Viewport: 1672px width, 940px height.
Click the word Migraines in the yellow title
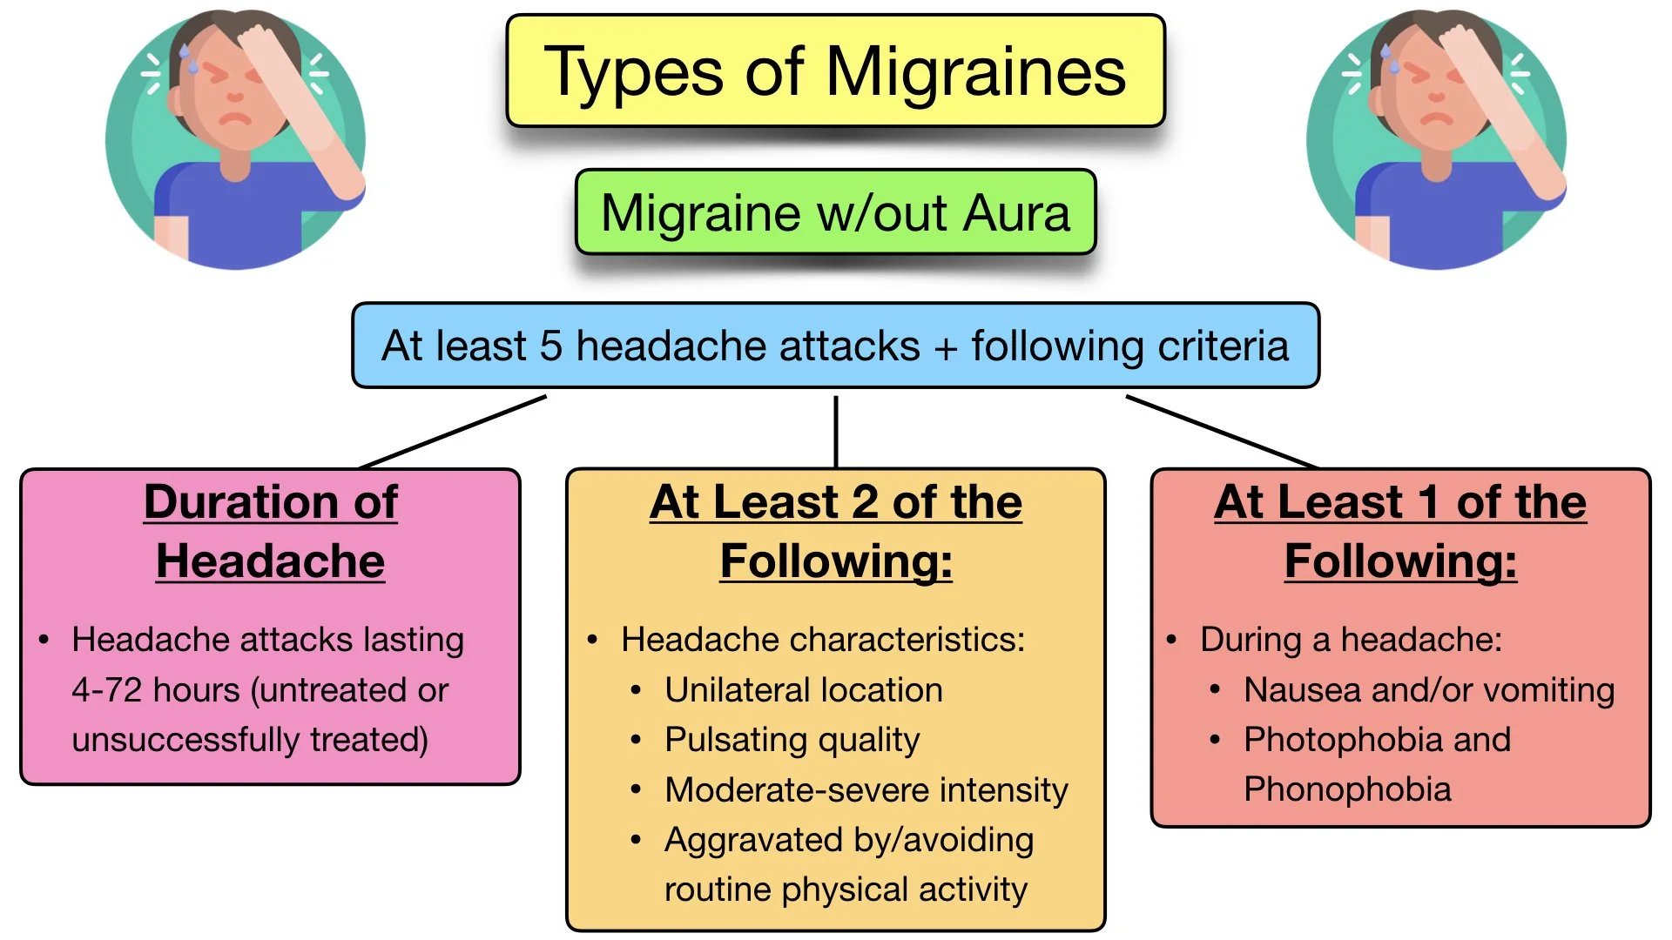975,71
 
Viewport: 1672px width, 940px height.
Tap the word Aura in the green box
1016,213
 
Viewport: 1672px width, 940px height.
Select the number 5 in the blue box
550,346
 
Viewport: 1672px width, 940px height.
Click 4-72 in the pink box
106,690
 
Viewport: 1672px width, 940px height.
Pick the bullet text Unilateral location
803,690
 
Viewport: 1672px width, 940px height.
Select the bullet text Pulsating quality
792,740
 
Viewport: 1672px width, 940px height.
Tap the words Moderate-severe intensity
866,790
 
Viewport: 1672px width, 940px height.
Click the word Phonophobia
1347,789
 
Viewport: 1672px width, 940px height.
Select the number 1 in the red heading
1428,503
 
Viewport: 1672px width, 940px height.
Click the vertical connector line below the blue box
836,431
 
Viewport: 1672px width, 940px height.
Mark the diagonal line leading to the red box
1219,431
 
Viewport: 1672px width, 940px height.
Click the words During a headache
1351,640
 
